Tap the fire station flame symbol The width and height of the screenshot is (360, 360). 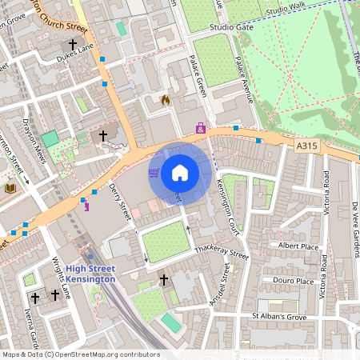[x=166, y=101]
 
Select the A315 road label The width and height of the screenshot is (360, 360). [x=306, y=146]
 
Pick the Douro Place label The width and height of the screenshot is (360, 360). [x=294, y=281]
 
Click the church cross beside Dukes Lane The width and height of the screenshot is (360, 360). [x=74, y=46]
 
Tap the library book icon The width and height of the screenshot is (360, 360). [x=10, y=188]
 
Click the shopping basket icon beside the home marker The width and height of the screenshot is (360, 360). [x=153, y=172]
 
